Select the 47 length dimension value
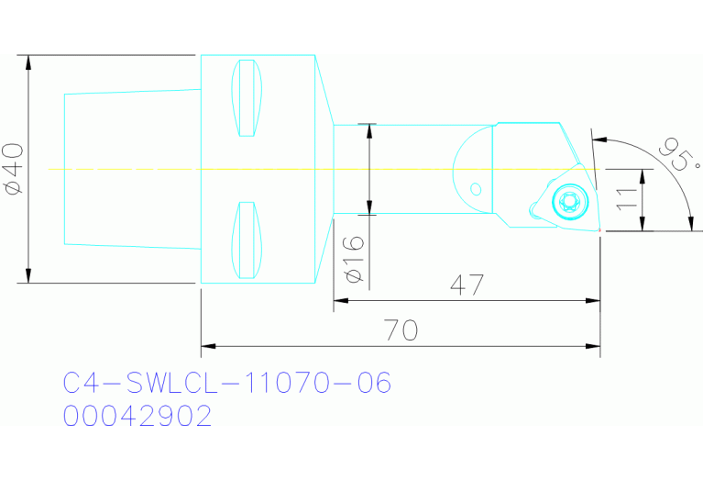(467, 285)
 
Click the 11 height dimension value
(627, 199)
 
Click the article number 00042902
(137, 416)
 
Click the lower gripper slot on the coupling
(246, 240)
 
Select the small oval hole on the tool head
(475, 189)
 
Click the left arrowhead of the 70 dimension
(207, 346)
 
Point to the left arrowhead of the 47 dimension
(340, 300)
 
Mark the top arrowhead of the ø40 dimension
(29, 62)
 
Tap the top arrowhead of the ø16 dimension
(370, 129)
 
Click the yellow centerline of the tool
(275, 169)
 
